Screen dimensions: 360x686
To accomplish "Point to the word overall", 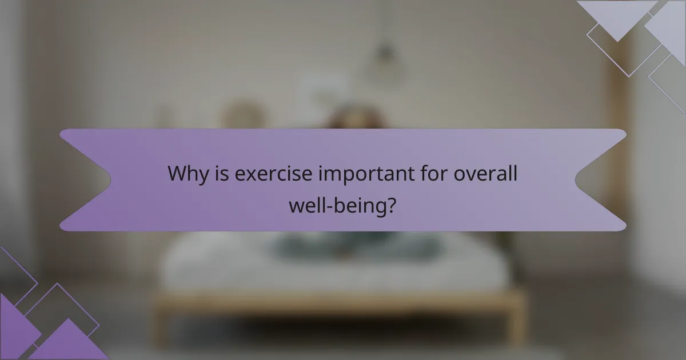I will tap(485, 174).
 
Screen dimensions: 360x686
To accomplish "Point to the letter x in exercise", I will tap(247, 175).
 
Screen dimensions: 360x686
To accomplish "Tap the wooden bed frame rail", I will tap(337, 303).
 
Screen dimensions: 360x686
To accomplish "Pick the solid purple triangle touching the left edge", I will tap(14, 326).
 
